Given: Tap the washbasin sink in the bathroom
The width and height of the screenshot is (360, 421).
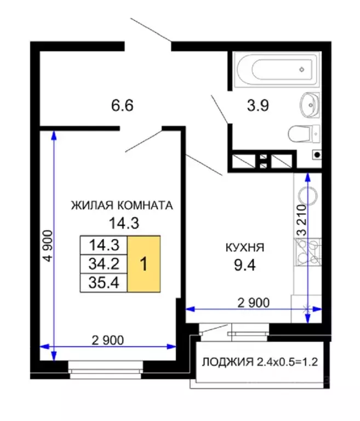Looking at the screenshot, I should click(x=310, y=104).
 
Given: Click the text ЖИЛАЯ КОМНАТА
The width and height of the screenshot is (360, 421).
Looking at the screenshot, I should click(x=122, y=206).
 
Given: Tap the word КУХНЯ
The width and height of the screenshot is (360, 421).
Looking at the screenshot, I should click(x=244, y=248).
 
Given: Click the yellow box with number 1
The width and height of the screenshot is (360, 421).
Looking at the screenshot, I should click(x=144, y=264).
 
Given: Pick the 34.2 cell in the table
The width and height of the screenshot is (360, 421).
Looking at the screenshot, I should click(x=104, y=264).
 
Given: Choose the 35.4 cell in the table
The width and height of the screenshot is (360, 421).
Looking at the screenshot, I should click(x=104, y=283).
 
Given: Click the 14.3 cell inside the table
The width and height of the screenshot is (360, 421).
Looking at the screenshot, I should click(x=104, y=244).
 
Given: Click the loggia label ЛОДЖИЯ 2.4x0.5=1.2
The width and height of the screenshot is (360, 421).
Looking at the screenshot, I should click(x=260, y=362).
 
